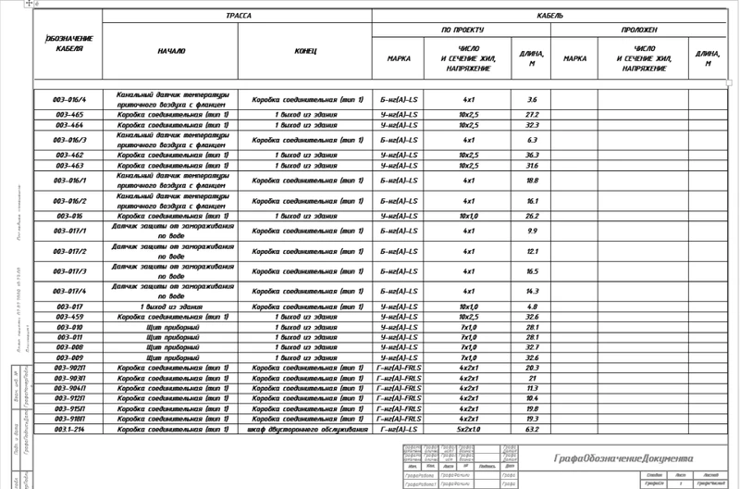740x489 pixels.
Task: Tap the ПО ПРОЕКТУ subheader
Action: (462, 31)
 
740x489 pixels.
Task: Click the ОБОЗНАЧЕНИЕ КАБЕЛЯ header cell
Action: (70, 43)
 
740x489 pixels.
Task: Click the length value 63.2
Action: (532, 429)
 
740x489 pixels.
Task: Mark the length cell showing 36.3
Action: (532, 155)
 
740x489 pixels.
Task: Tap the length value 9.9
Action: (532, 231)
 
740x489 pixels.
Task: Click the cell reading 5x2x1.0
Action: (468, 429)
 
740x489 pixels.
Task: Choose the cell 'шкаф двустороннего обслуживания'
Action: (304, 429)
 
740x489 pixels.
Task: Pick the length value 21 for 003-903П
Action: (532, 378)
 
